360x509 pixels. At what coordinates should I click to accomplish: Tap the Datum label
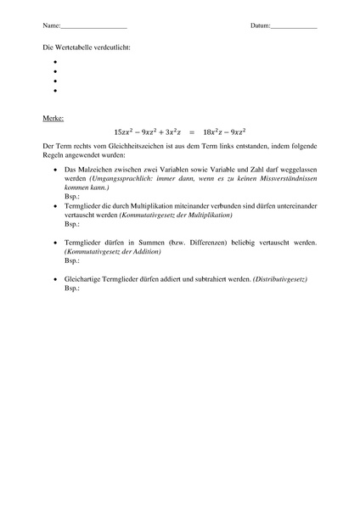tap(259, 26)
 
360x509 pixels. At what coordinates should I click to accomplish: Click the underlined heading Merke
tap(53, 118)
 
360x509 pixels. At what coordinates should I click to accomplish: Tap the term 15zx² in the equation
tap(125, 132)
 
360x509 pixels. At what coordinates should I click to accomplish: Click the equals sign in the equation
tap(192, 132)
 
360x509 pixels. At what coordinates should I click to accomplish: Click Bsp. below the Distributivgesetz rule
tap(71, 288)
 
